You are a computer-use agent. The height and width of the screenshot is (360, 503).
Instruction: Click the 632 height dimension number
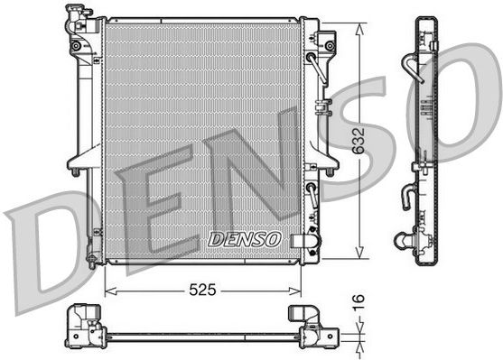(x=359, y=141)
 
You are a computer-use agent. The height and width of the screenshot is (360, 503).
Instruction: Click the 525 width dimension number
(x=202, y=290)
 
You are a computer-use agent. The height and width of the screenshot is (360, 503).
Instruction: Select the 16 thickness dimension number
(x=359, y=303)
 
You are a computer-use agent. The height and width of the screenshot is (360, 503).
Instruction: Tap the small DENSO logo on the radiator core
(x=245, y=239)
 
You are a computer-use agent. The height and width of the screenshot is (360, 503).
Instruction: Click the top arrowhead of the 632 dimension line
(x=360, y=29)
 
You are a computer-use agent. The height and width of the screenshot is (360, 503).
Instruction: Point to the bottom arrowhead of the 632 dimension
(x=360, y=253)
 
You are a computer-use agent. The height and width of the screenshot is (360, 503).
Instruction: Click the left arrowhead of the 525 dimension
(x=111, y=291)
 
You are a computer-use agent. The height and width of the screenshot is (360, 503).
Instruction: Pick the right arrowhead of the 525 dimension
(x=295, y=291)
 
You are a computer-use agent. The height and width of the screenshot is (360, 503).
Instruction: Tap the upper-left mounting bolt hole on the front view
(x=76, y=46)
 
